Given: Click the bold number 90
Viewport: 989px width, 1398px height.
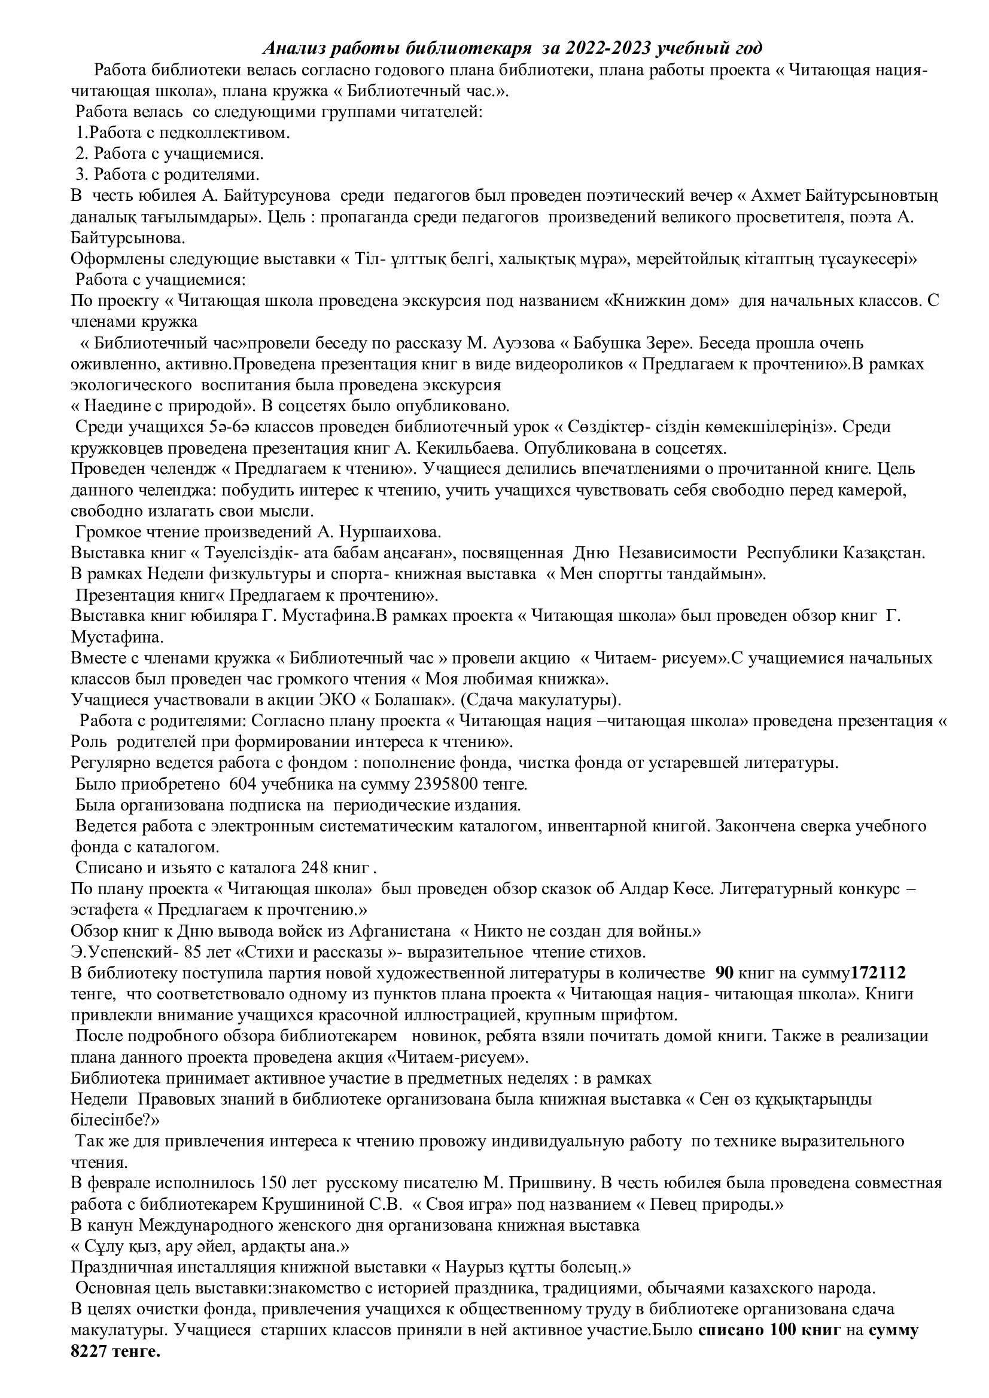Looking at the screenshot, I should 724,973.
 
